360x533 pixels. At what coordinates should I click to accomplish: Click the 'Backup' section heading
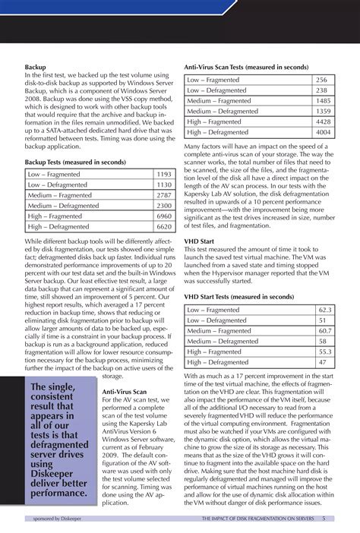36,68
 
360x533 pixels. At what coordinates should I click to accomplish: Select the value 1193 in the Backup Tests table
163,174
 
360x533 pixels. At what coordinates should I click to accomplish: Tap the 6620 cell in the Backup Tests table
163,226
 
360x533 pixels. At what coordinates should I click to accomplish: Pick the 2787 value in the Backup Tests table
163,195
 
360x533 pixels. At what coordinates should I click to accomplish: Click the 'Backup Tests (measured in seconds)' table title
74,162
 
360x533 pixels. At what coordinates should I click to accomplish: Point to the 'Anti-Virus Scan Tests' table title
246,68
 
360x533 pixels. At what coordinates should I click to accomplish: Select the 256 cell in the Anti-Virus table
321,79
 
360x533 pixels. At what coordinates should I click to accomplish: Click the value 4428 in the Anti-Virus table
323,121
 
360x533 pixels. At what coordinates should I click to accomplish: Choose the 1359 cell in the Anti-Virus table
323,110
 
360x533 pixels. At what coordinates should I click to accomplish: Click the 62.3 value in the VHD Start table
324,310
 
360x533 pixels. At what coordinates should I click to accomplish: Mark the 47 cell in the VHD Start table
324,362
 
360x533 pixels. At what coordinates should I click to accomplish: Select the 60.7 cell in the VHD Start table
324,331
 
